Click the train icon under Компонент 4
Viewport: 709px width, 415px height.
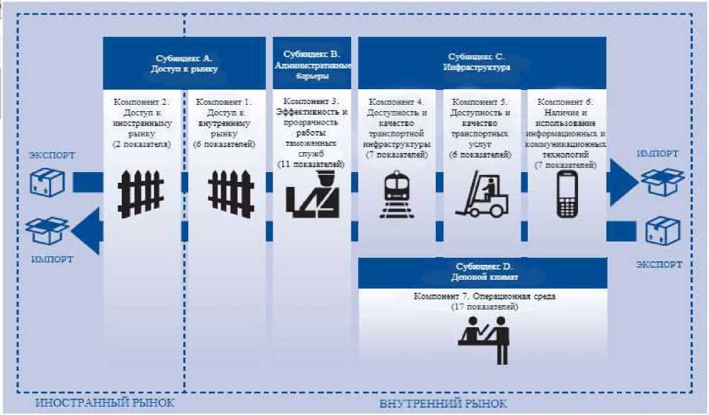pos(399,194)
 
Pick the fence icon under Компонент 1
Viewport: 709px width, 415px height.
pos(231,192)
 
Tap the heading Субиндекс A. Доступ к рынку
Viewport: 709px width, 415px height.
pos(184,63)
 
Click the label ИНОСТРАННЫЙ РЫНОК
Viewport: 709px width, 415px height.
pos(104,404)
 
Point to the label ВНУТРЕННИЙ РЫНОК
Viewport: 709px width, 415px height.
pos(443,404)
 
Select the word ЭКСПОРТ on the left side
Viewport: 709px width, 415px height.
pos(52,155)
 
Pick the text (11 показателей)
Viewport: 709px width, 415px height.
pos(312,164)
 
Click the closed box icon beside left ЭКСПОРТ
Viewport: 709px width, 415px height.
pos(47,182)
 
